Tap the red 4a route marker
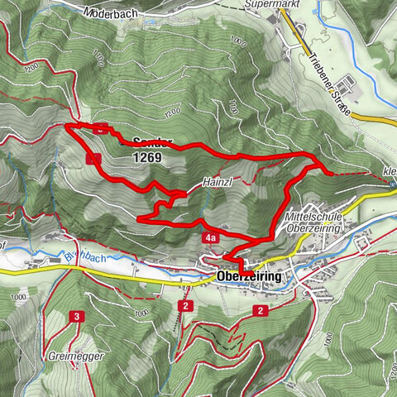210,238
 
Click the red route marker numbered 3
76,317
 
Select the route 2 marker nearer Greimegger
187,306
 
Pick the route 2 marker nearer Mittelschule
261,310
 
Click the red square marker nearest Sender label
101,128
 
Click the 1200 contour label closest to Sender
172,112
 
